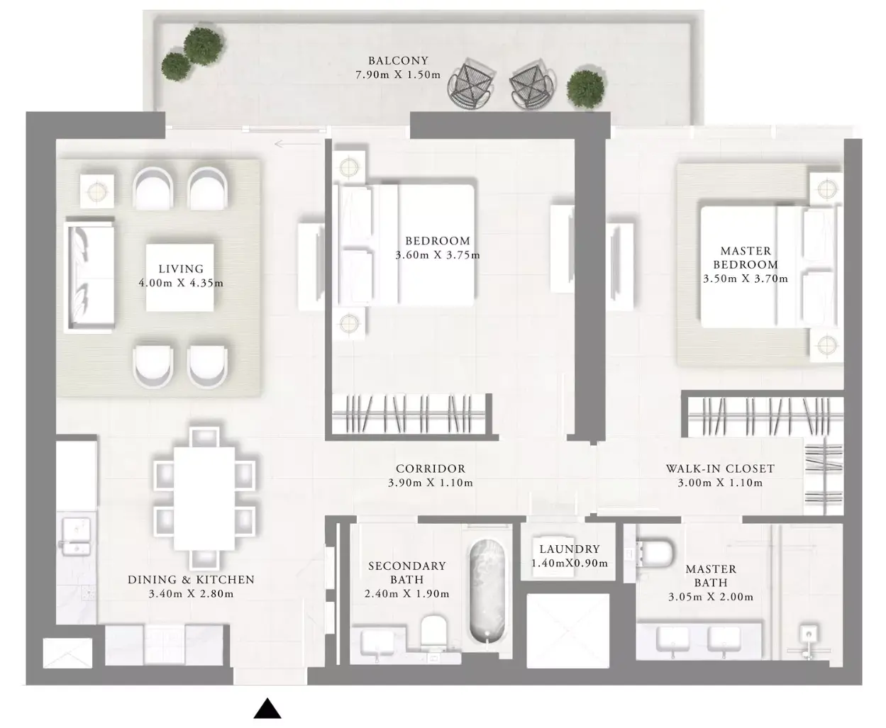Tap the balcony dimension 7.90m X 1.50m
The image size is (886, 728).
tap(398, 75)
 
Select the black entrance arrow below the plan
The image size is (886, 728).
tap(267, 708)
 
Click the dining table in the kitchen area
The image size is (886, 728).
tap(204, 498)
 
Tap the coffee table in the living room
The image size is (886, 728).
tap(179, 277)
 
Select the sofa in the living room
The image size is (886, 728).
tap(89, 276)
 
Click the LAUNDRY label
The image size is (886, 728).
tap(570, 549)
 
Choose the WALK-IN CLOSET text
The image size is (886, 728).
tap(720, 469)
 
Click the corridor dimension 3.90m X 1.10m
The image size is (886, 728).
tap(430, 483)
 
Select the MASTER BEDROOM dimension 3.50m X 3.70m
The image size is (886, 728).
tap(746, 279)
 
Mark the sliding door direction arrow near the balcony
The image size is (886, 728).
tap(297, 145)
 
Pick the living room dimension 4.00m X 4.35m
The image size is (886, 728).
tap(181, 283)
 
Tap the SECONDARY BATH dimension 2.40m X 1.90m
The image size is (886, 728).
tap(406, 594)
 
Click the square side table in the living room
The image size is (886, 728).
tap(97, 191)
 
